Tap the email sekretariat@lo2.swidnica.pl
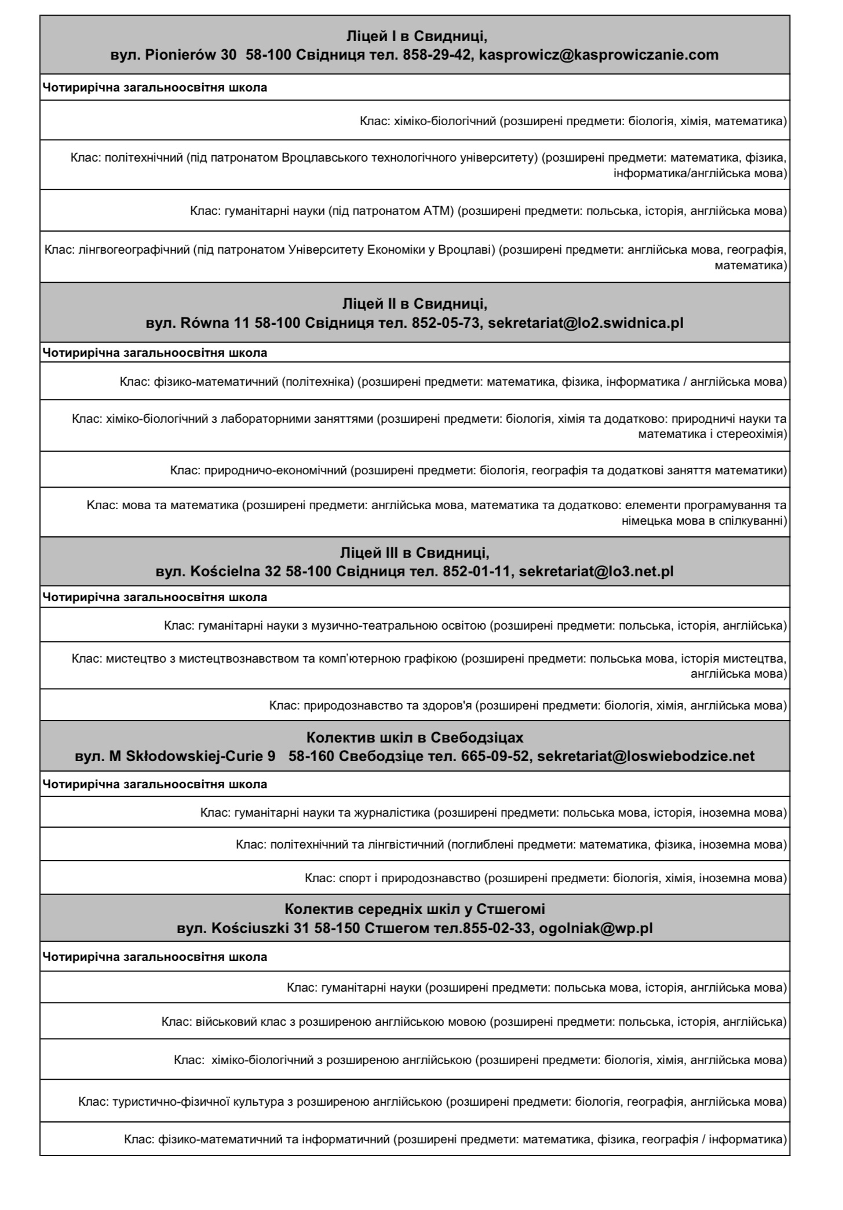[x=586, y=323]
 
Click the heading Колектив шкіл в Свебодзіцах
[x=415, y=738]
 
